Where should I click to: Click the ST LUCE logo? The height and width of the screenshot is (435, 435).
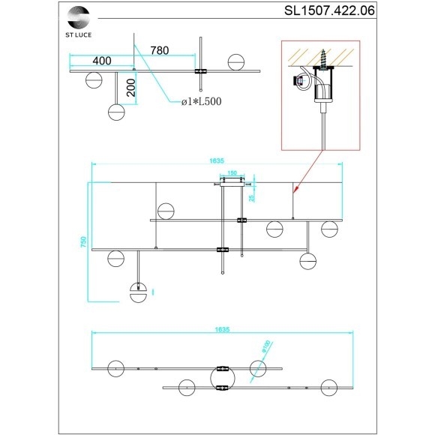click(78, 17)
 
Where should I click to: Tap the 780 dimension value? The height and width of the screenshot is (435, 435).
click(159, 50)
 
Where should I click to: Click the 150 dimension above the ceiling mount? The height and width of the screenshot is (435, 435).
click(232, 172)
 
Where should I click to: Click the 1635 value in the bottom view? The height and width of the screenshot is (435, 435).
click(221, 329)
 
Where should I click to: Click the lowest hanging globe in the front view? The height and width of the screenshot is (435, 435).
click(139, 289)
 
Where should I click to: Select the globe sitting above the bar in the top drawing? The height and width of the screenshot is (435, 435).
click(235, 61)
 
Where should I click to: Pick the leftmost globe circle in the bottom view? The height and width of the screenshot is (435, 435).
click(116, 369)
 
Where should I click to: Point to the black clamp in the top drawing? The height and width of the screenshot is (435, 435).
click(202, 72)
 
